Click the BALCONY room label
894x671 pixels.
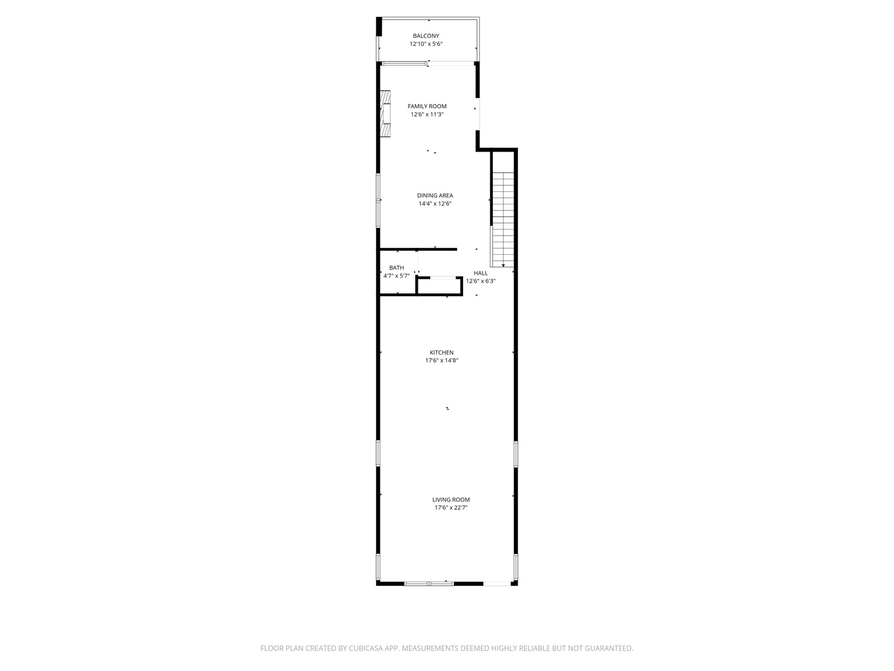[426, 36]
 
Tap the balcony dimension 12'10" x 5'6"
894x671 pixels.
[426, 44]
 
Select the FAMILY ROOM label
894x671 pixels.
[427, 106]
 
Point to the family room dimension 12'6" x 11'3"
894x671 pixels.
[427, 114]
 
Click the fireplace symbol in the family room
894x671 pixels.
[386, 114]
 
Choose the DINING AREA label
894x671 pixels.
[435, 196]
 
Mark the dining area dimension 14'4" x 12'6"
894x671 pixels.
[435, 204]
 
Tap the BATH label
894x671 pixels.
[397, 268]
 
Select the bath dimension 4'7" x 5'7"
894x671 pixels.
[397, 276]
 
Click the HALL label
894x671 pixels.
[481, 273]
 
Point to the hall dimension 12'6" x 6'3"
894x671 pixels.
[481, 281]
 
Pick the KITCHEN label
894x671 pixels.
[442, 353]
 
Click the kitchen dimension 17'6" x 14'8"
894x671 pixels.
[442, 360]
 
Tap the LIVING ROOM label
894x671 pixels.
[451, 500]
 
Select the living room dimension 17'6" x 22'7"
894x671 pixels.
[451, 508]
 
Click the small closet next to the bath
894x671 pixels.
[440, 286]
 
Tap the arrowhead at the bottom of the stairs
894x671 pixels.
[503, 265]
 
